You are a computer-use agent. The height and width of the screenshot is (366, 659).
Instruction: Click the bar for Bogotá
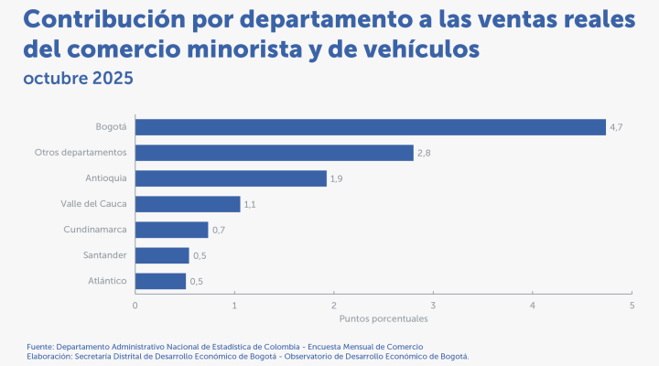[371, 127]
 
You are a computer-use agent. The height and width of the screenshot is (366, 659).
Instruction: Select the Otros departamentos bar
[275, 153]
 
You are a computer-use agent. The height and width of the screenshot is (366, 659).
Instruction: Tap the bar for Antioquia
[231, 178]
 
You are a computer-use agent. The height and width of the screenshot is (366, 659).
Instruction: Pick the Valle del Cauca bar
[188, 204]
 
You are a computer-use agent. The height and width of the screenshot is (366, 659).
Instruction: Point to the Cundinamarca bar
[172, 230]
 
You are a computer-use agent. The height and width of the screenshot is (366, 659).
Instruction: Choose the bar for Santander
[162, 255]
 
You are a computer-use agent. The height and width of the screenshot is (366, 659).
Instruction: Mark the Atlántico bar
[160, 281]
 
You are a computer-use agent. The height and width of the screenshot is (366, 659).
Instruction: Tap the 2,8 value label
[424, 153]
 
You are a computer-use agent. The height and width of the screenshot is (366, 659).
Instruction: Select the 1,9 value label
[337, 178]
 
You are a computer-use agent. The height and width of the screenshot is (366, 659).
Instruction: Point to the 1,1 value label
[250, 204]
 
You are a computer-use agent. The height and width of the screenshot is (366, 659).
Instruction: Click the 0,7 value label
[219, 230]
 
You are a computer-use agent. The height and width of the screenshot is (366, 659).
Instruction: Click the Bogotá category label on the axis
[111, 127]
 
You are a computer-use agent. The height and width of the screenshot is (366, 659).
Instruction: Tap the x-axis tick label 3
[433, 305]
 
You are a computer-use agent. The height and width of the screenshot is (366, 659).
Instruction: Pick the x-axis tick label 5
[632, 305]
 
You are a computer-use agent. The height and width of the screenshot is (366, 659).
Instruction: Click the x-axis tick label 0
[135, 305]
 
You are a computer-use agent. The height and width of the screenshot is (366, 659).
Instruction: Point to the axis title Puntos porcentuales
[384, 319]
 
